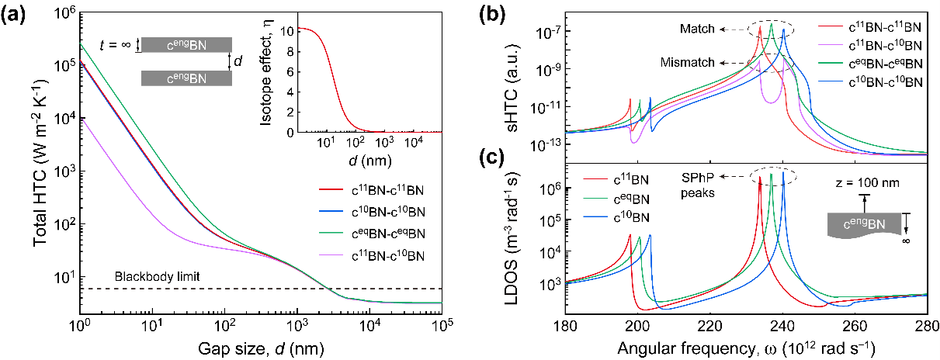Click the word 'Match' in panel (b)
point(696,29)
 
